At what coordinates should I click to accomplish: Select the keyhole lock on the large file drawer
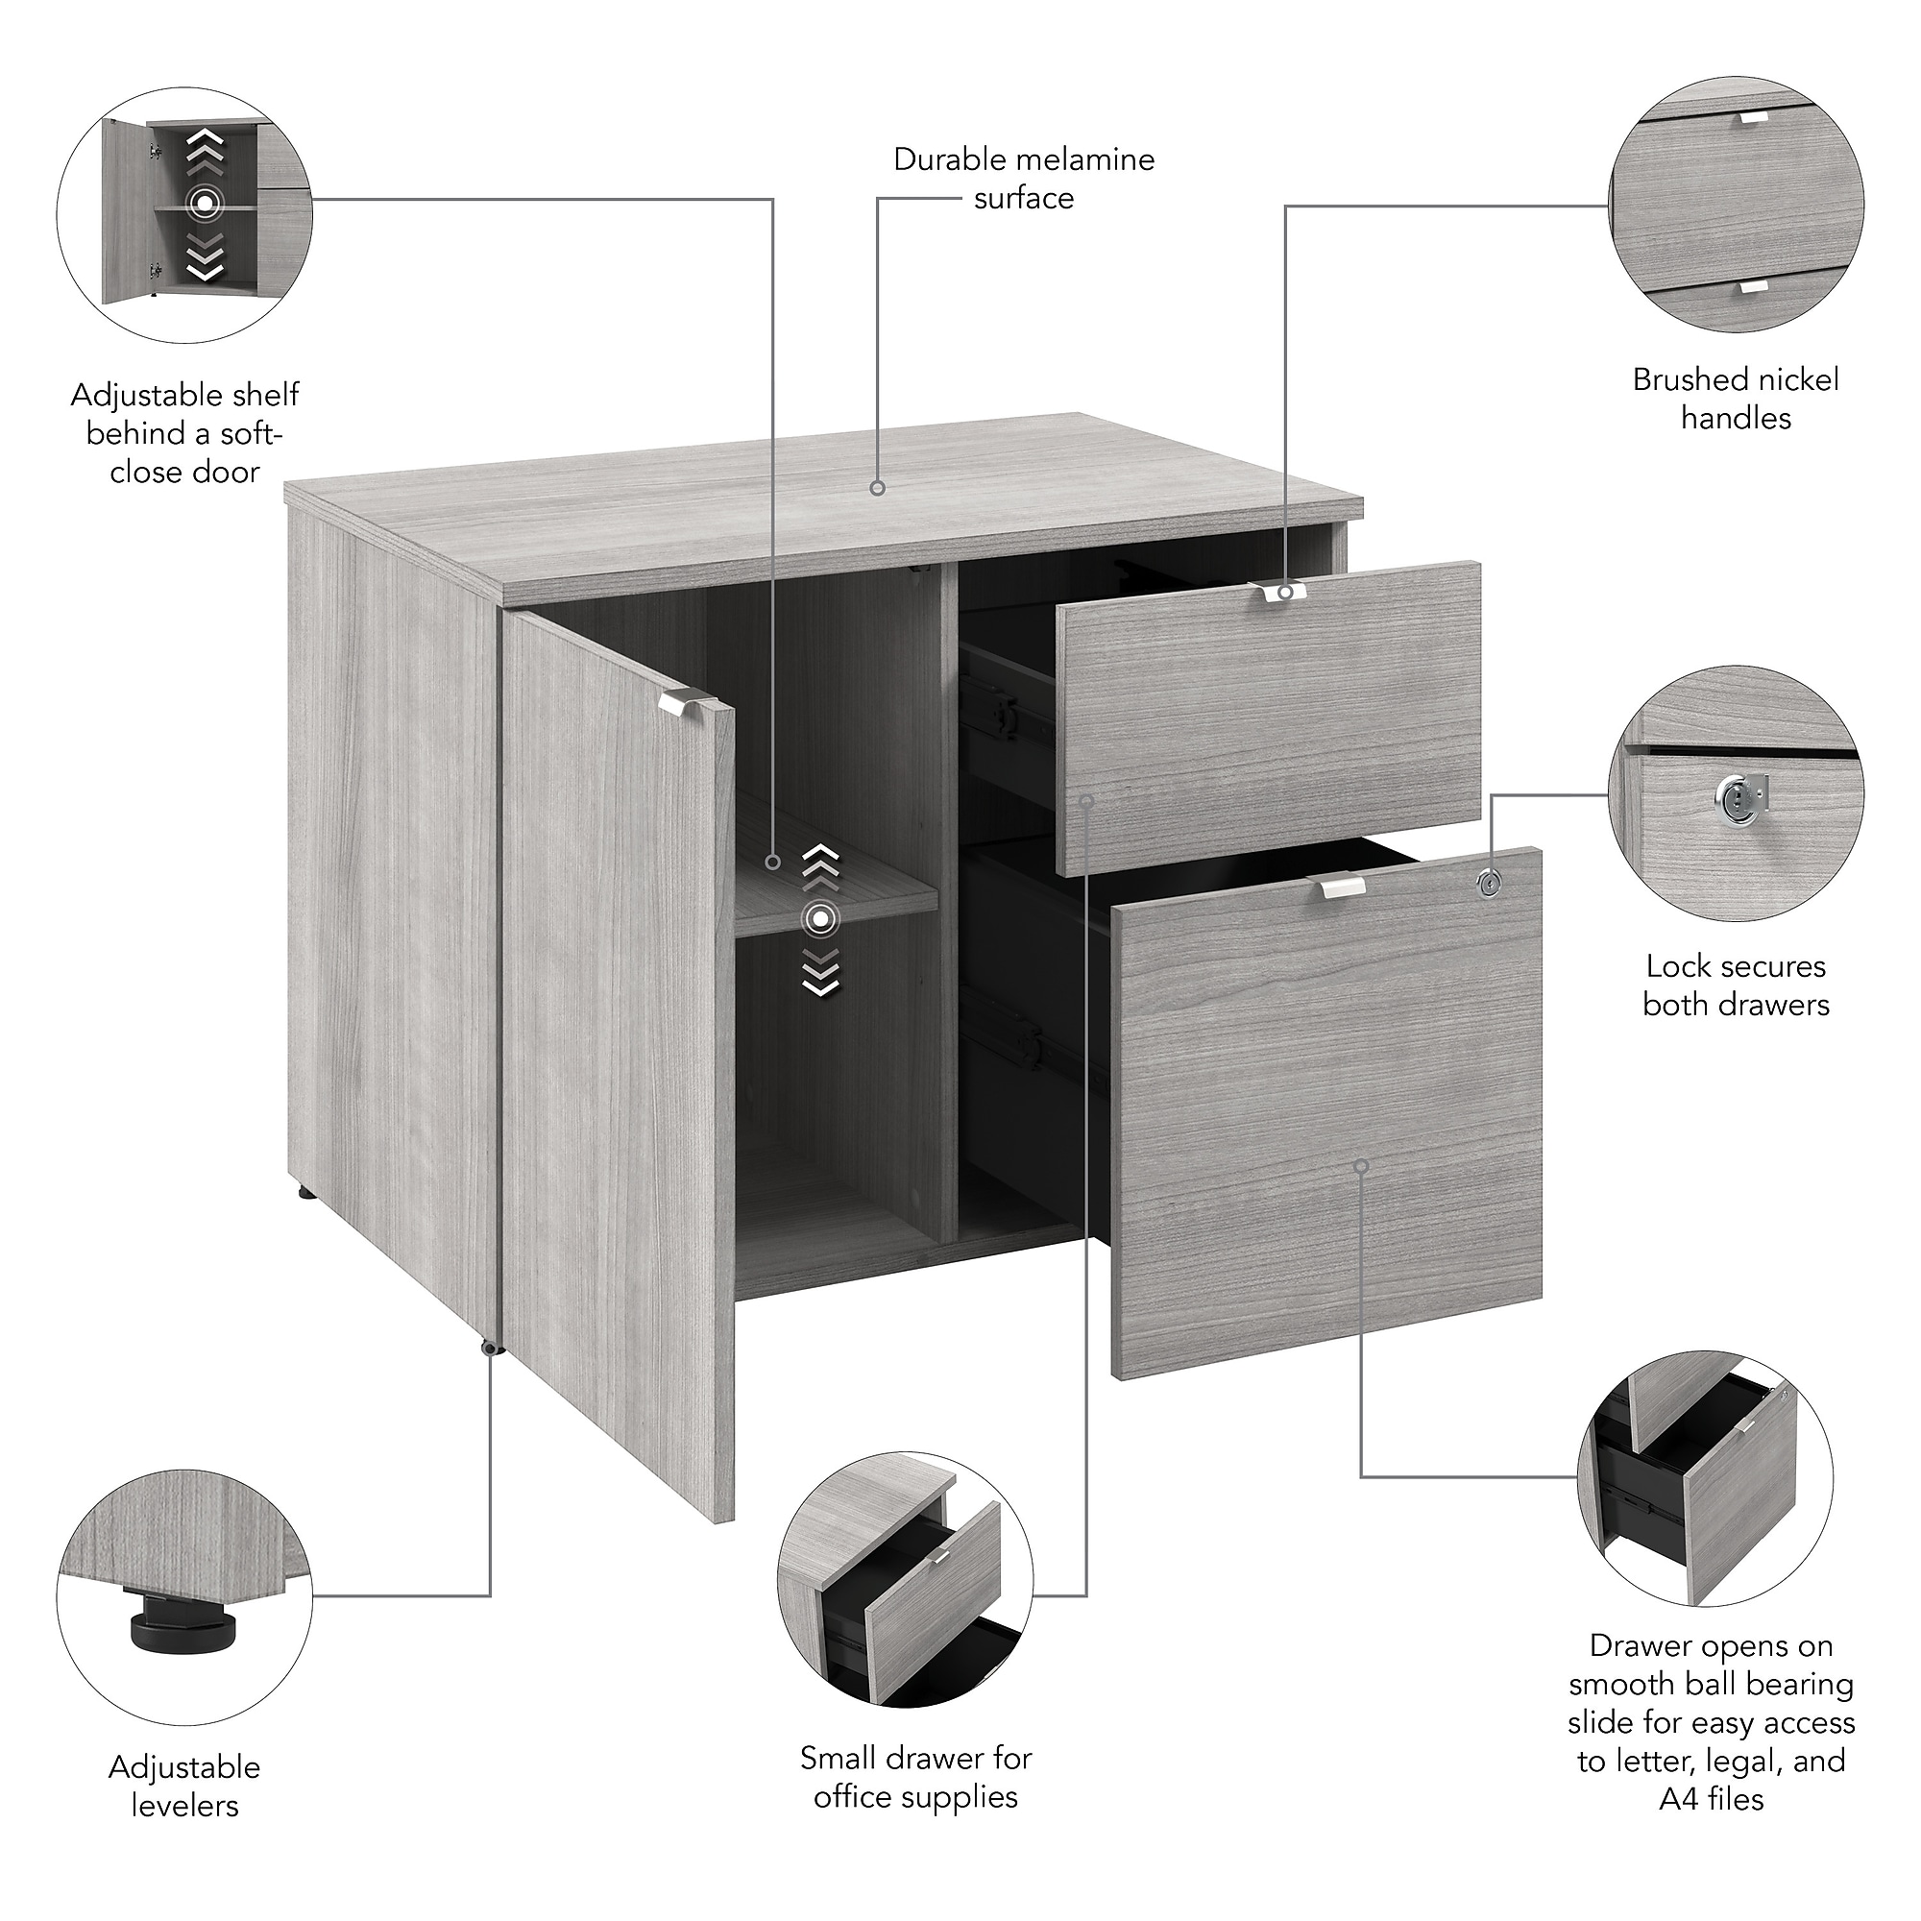1488,883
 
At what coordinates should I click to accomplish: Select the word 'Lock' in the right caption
1676,966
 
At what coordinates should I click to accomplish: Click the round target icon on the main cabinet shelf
819,920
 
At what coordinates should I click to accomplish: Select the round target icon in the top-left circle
204,206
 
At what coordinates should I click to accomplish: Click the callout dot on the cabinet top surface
877,488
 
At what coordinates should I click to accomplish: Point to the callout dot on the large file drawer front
1361,1165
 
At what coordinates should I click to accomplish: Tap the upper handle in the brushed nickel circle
1754,117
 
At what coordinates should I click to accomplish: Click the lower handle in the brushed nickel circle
1754,286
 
